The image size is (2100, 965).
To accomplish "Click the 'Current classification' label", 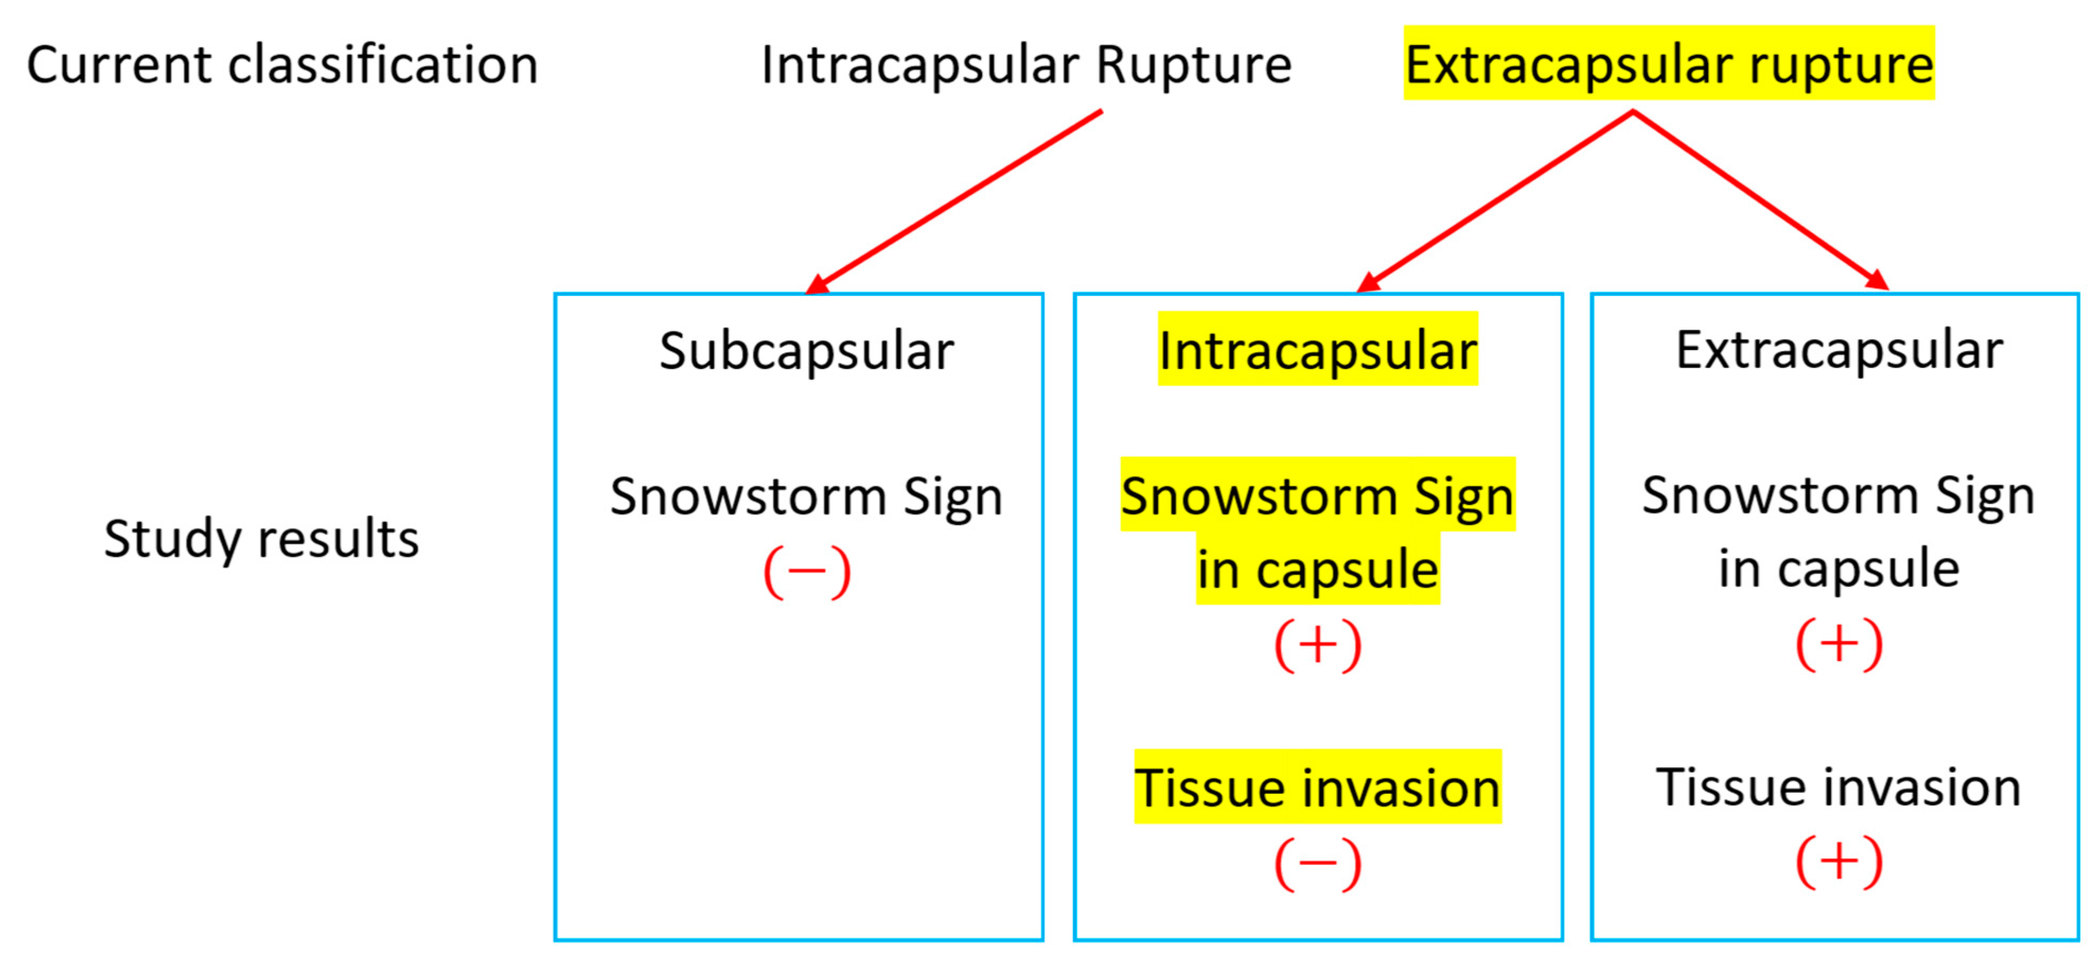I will click(282, 65).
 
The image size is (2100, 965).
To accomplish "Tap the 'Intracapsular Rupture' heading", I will click(1025, 65).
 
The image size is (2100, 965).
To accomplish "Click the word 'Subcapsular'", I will click(807, 351).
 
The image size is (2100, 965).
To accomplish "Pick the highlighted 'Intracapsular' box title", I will click(1317, 351).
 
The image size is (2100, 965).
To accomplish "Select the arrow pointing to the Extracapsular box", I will click(1761, 200).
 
